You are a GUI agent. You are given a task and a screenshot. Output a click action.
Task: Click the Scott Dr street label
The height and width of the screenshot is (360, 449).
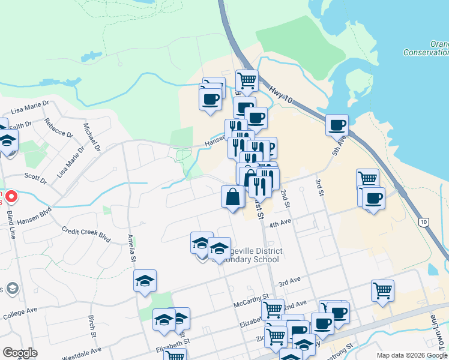35,177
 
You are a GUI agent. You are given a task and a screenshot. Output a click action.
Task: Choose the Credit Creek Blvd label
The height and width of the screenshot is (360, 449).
86,235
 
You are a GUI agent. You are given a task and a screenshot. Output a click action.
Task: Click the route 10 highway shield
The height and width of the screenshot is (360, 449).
424,223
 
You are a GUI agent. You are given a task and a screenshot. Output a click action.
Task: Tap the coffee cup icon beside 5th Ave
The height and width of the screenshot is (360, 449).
337,124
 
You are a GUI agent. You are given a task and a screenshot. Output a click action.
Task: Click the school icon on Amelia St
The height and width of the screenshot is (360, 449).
145,281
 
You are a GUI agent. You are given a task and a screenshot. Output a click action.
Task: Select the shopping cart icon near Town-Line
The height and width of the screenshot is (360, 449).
382,290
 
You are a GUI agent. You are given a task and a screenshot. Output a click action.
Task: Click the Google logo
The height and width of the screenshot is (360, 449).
20,353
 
